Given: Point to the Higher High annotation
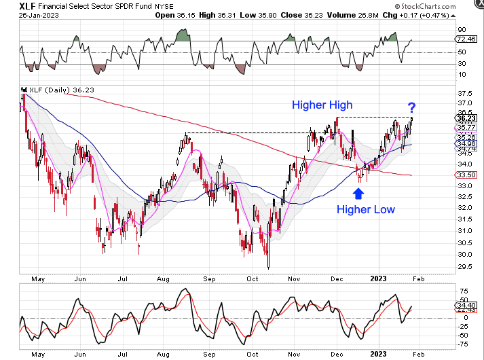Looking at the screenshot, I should pos(323,105).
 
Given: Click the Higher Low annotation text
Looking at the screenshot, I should pos(366,209).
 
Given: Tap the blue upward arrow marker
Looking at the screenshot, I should pos(358,194).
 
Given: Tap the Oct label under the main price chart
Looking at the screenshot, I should pos(253,278).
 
